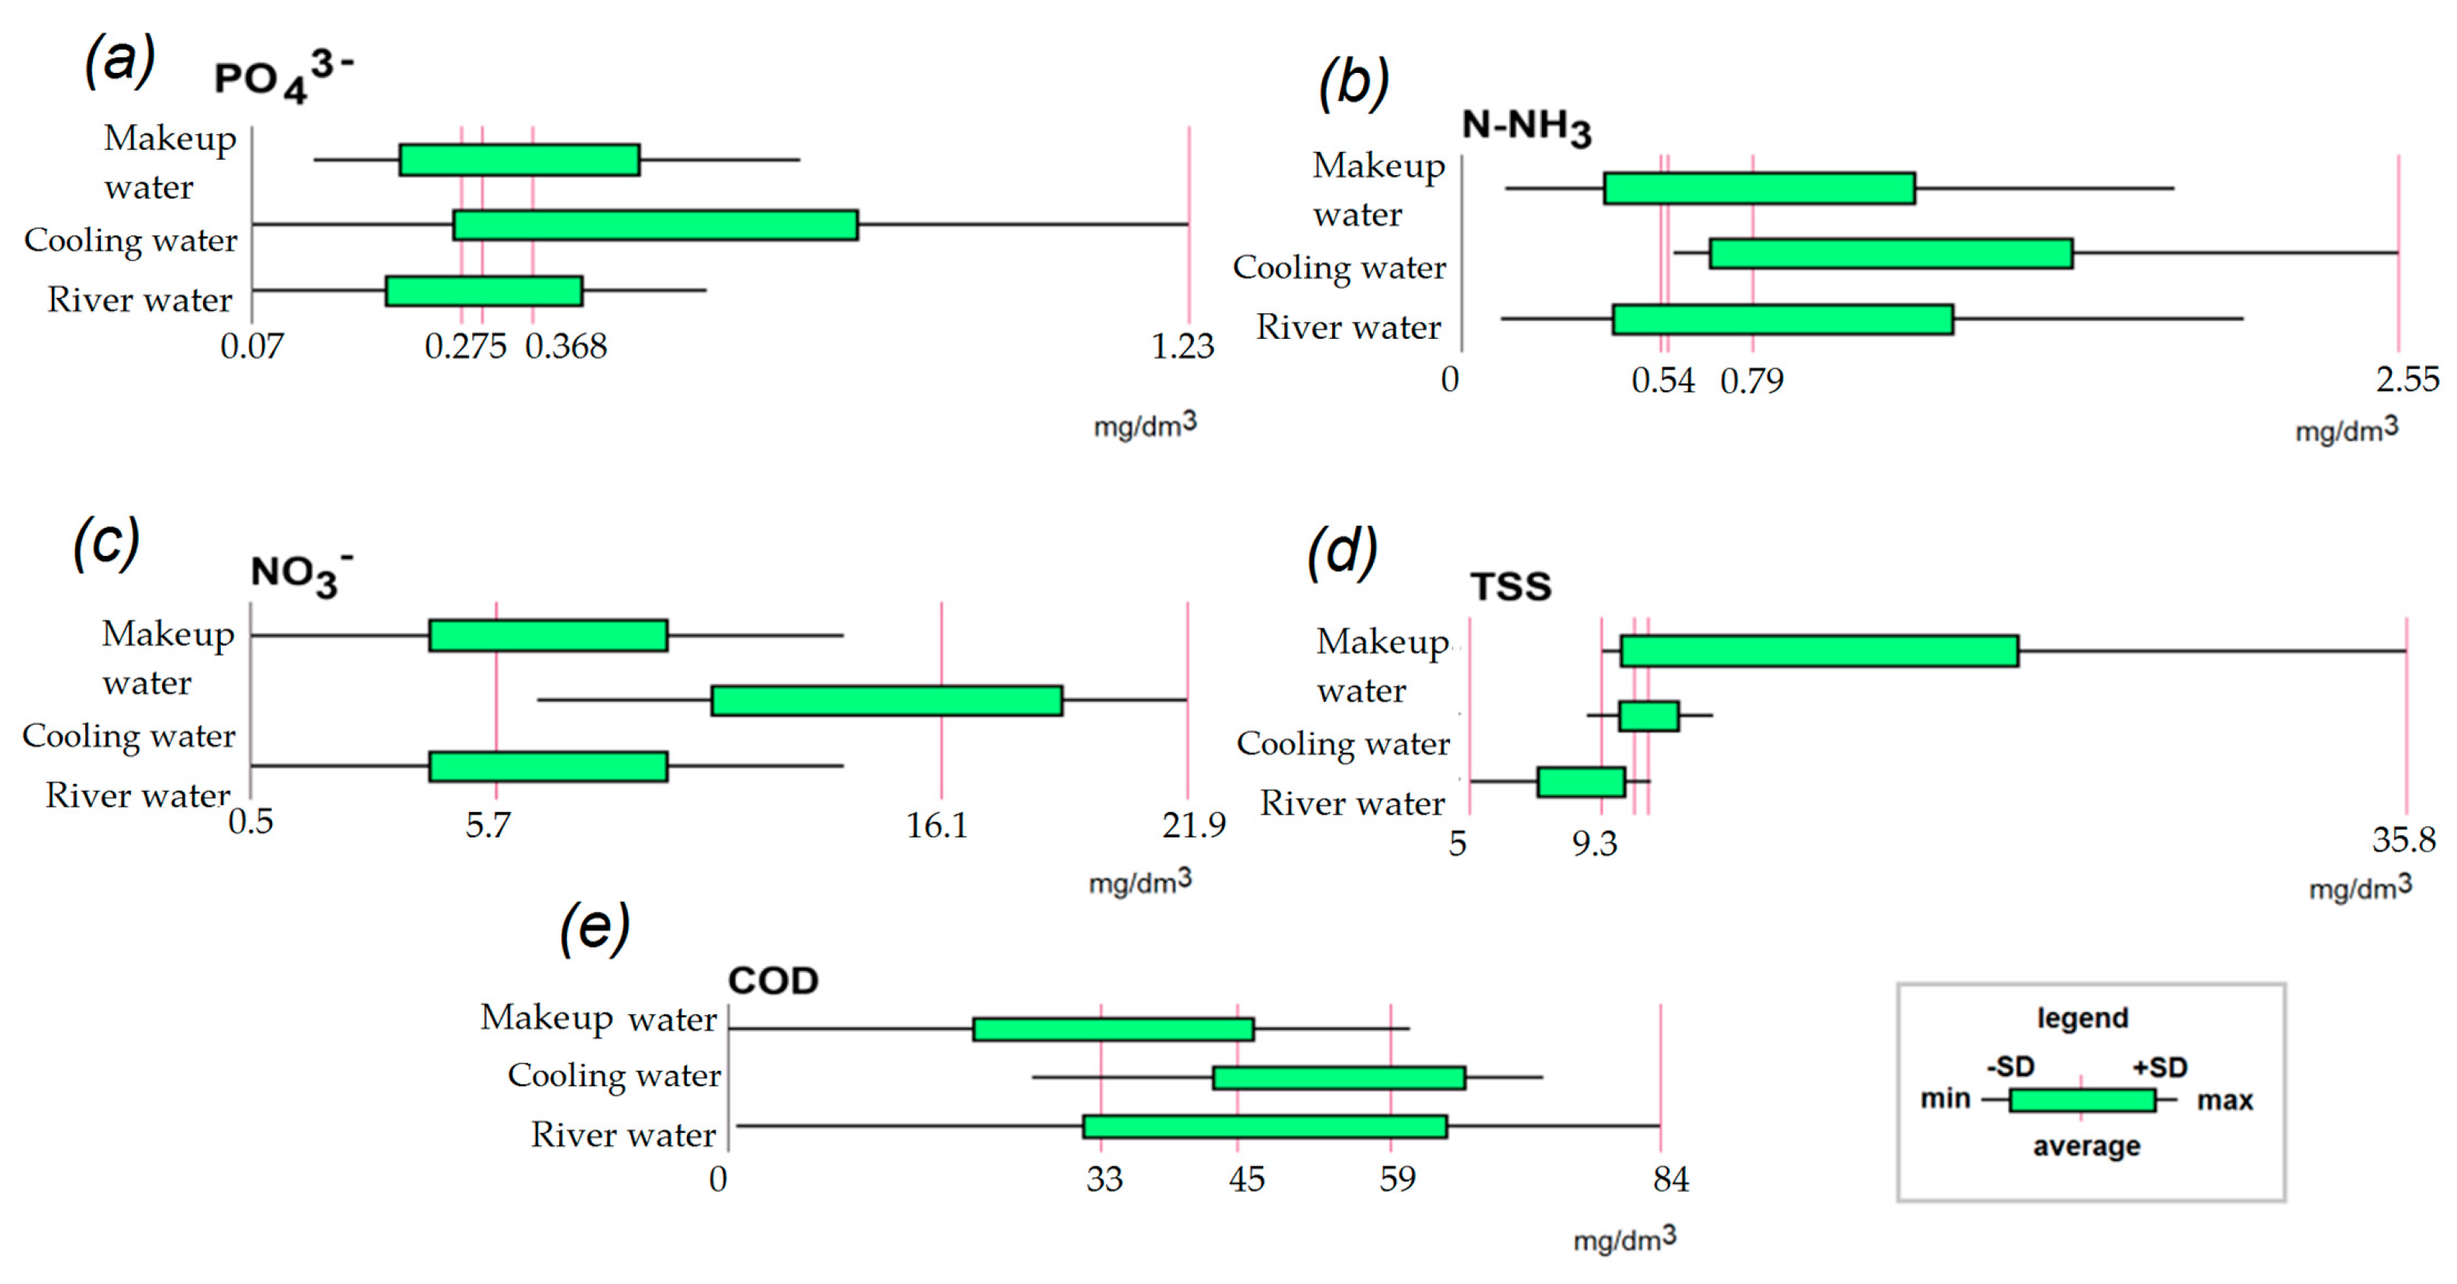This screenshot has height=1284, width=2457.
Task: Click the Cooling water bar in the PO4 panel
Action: [655, 225]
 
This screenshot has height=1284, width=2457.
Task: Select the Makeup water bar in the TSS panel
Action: [1818, 651]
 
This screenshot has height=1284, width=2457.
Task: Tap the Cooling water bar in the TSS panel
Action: [1648, 716]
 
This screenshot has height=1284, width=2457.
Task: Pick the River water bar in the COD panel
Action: [1265, 1127]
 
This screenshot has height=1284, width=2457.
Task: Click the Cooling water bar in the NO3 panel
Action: [886, 700]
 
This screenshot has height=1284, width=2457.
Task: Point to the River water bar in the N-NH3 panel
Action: [1782, 319]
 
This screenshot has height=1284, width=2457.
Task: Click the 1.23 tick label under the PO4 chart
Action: [1182, 345]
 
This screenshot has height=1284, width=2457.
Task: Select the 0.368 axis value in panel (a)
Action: [566, 345]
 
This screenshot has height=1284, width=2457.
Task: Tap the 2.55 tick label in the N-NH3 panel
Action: [2407, 380]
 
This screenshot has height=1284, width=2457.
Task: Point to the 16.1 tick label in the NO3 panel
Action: [937, 825]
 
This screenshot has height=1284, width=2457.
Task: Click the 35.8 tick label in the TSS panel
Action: [2403, 840]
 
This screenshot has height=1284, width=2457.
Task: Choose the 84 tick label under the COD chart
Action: [1670, 1180]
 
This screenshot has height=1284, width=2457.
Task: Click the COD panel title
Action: [772, 981]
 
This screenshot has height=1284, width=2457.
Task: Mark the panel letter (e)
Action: [594, 927]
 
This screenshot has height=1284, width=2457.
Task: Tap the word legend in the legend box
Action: [2083, 1018]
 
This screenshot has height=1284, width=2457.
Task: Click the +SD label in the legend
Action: [2159, 1066]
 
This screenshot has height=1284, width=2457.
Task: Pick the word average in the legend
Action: [2086, 1146]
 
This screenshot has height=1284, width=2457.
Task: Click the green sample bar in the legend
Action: [2081, 1100]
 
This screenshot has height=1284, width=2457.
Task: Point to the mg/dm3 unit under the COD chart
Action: [1624, 1239]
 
